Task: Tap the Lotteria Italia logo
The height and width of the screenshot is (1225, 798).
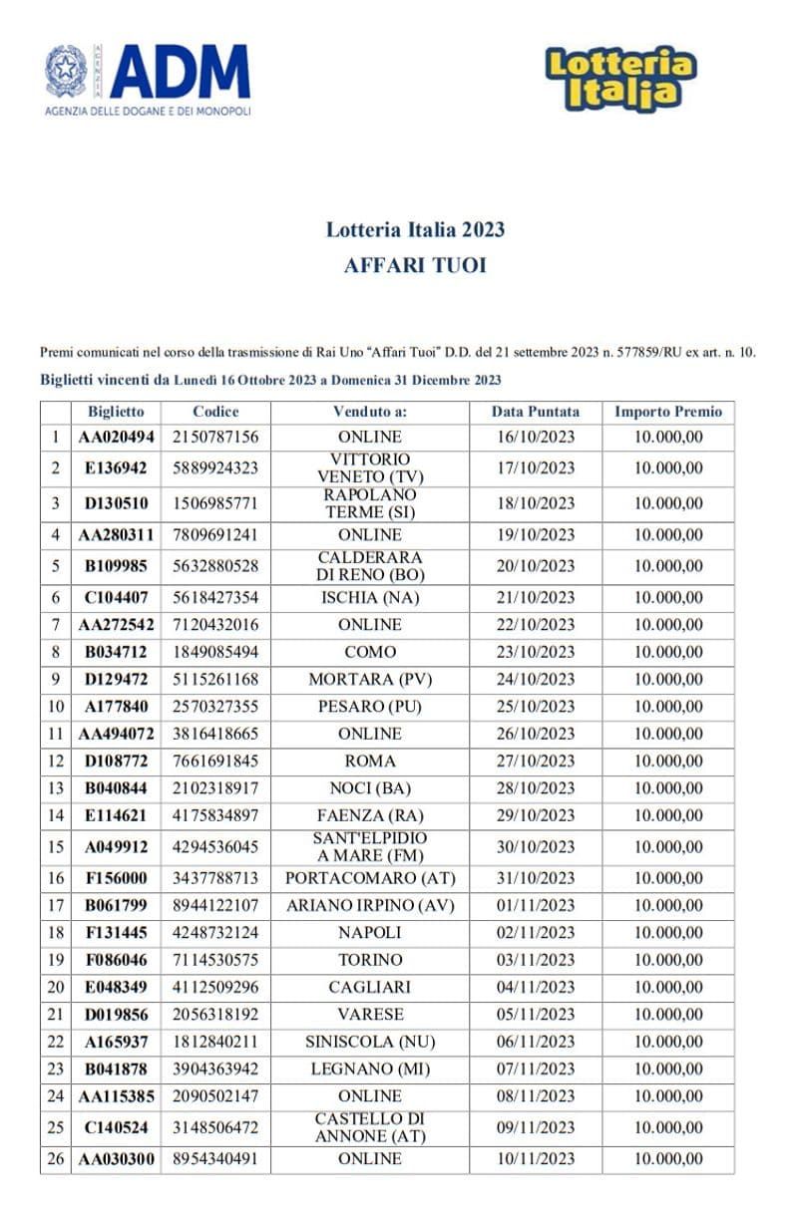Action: click(x=620, y=78)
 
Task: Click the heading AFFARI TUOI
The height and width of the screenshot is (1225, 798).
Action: click(x=415, y=266)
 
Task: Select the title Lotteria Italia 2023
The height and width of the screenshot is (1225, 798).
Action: click(x=415, y=229)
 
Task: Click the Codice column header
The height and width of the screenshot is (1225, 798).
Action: click(x=215, y=412)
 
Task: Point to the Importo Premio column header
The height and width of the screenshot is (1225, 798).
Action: click(x=668, y=412)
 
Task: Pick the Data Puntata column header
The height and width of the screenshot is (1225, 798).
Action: click(x=536, y=412)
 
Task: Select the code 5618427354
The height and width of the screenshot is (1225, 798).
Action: click(x=215, y=598)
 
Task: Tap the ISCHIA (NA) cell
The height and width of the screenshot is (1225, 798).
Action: click(x=369, y=598)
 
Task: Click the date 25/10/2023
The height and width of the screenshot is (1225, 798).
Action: click(x=536, y=707)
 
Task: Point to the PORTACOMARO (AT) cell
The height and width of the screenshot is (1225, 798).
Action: click(x=369, y=878)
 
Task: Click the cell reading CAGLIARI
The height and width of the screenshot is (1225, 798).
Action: click(x=369, y=987)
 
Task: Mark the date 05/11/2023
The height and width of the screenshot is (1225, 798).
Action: click(x=536, y=1015)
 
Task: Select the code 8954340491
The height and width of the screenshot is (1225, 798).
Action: click(x=215, y=1159)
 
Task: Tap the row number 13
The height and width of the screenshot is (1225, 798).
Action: click(x=56, y=788)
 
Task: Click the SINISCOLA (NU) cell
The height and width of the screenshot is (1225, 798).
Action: click(x=369, y=1042)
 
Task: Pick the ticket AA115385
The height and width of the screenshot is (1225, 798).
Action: click(x=116, y=1096)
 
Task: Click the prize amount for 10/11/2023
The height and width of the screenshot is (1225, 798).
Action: click(x=668, y=1159)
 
